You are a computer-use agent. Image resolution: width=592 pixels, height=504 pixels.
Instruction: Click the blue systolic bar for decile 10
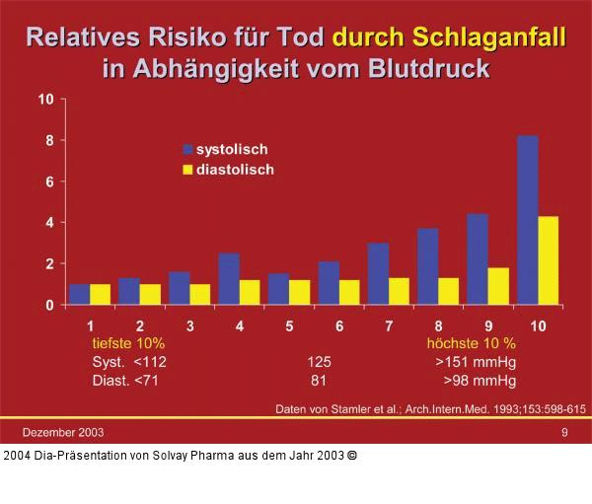click(528, 220)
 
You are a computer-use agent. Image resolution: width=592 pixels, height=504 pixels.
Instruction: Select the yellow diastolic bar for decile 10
click(549, 260)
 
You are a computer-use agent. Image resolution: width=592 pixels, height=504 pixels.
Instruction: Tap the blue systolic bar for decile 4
click(229, 279)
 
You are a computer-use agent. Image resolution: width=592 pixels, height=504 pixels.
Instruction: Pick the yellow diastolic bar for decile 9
click(498, 286)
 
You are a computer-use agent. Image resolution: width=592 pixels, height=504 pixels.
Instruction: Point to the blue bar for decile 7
click(378, 274)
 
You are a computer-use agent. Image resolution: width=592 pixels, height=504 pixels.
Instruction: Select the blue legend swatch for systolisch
click(187, 149)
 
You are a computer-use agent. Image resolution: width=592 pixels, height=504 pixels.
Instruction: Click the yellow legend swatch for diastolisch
click(187, 170)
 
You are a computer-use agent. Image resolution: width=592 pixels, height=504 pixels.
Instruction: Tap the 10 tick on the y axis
click(46, 100)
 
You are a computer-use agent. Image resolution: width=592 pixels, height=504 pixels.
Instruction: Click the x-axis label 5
click(289, 324)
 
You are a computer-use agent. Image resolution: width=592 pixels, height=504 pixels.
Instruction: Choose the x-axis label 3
click(189, 324)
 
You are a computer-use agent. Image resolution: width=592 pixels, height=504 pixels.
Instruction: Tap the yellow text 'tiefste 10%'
click(121, 343)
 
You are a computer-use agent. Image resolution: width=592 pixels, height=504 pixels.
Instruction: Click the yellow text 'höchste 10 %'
click(471, 343)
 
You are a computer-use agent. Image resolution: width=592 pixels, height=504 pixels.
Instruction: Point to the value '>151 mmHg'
click(476, 362)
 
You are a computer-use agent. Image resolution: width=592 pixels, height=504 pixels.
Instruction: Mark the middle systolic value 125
click(319, 362)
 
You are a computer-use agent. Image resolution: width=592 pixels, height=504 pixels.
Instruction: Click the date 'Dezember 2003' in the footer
click(64, 432)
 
